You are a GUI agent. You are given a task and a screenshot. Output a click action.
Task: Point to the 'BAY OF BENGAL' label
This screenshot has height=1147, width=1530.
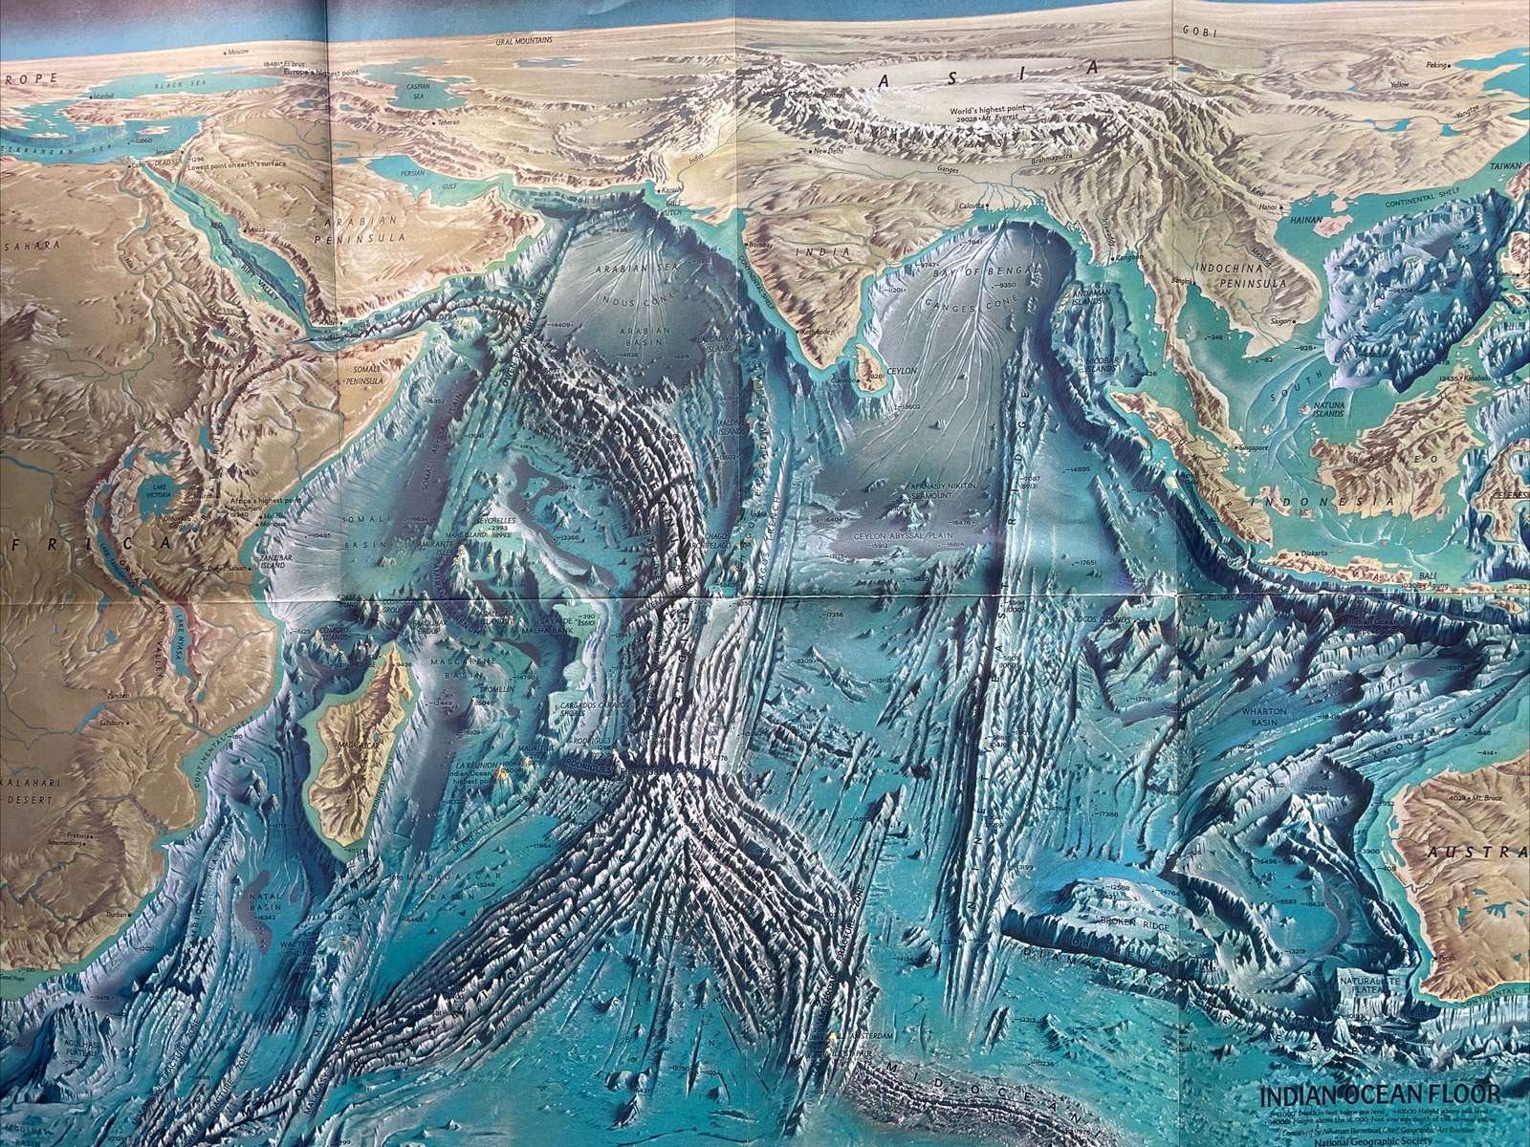[x=988, y=271]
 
